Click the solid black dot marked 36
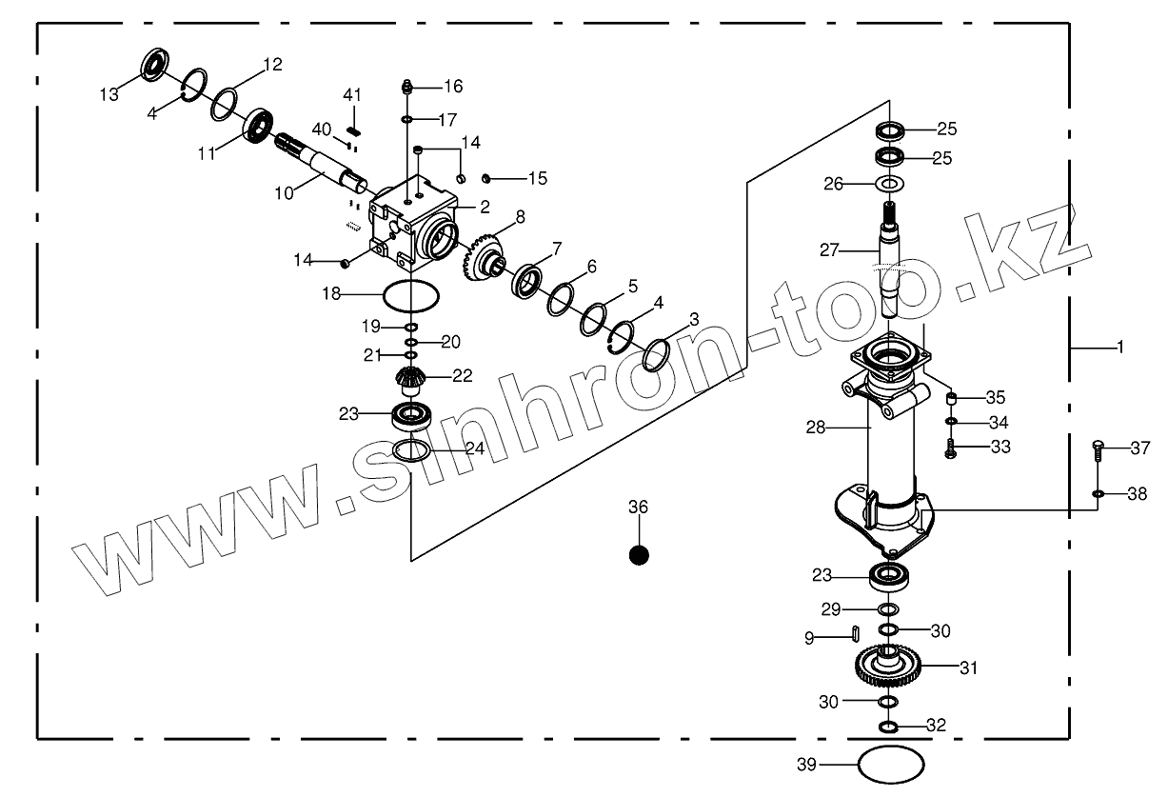pos(639,553)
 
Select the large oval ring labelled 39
pos(891,764)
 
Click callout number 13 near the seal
pos(109,93)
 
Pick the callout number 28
pos(816,428)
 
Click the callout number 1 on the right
pos(1119,349)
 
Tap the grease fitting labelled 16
pos(406,87)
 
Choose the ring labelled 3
pos(656,355)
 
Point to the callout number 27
pos(830,250)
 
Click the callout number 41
pos(352,94)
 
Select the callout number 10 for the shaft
pos(284,193)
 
